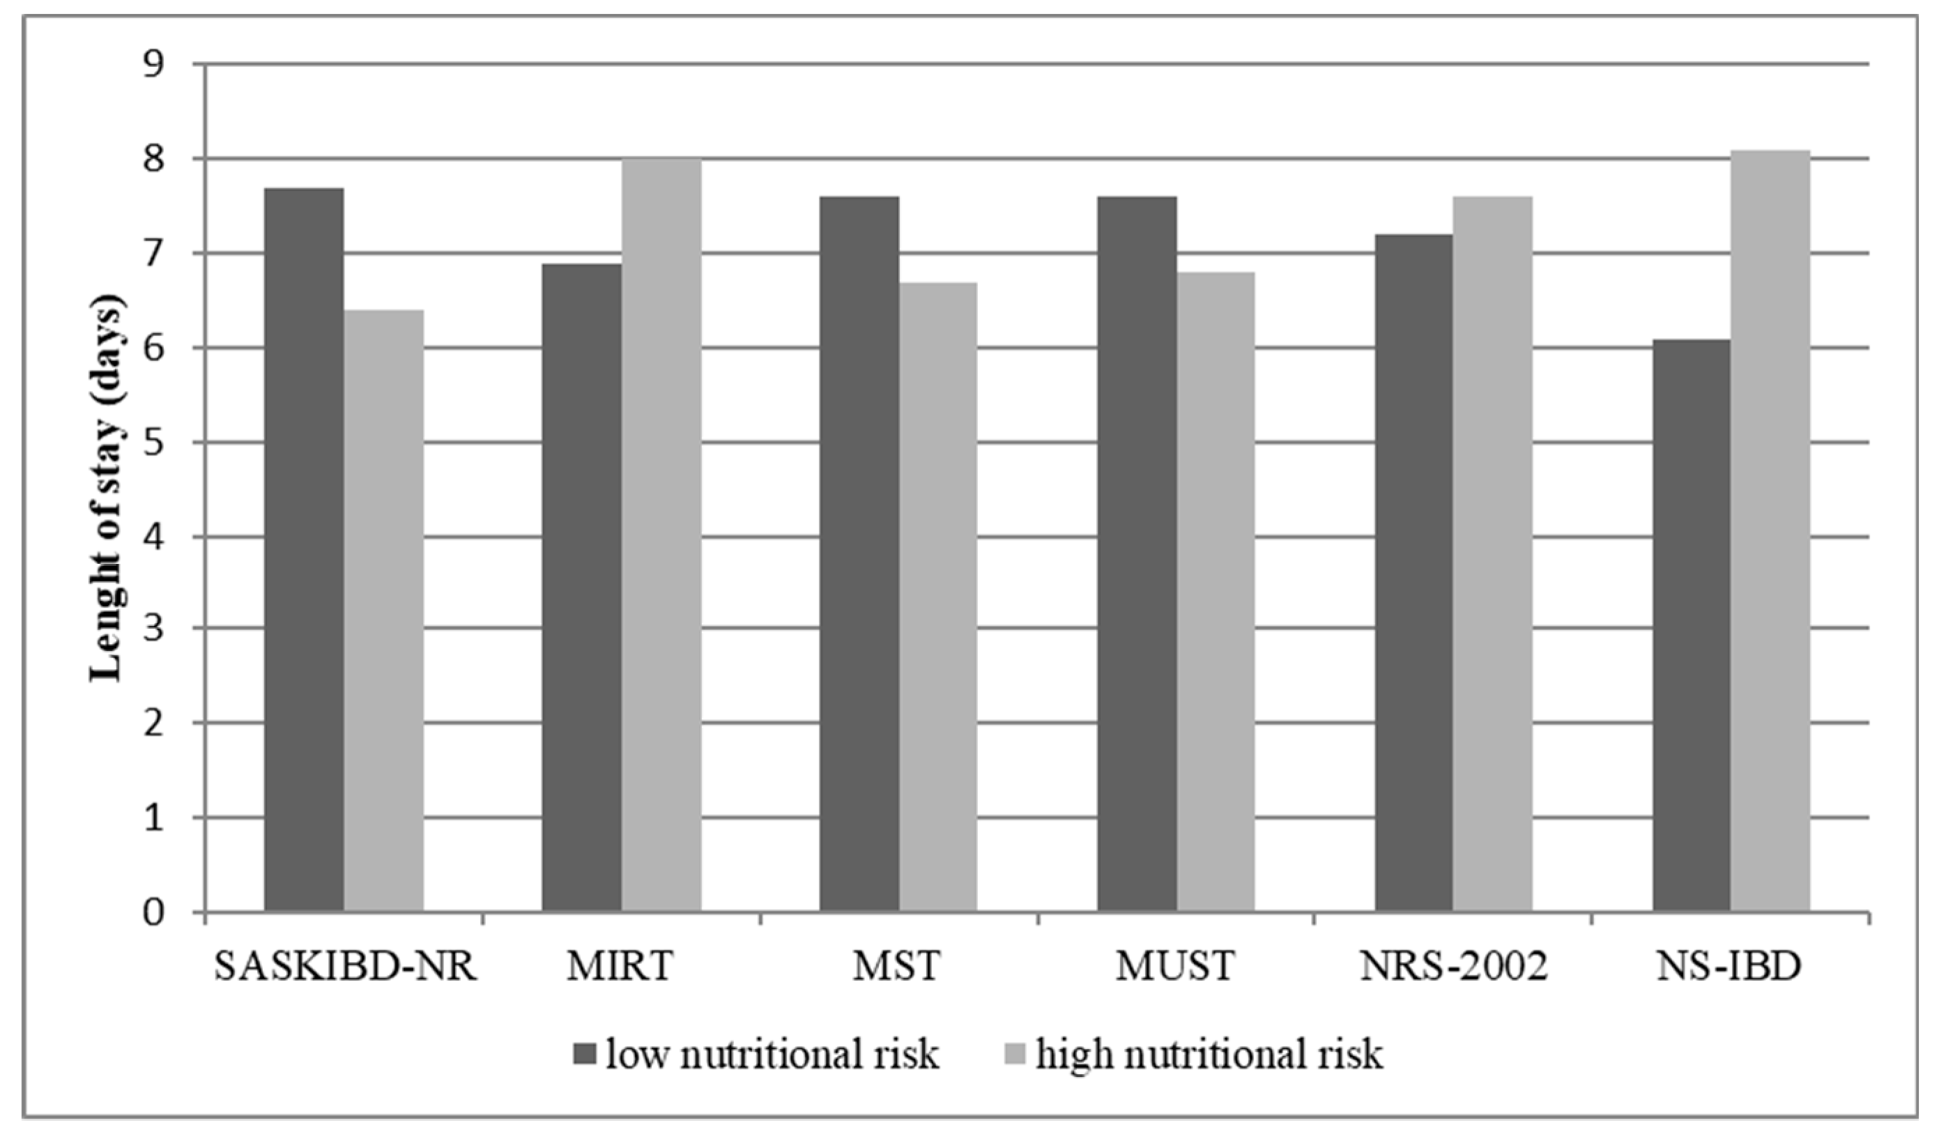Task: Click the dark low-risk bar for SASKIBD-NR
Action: pyautogui.click(x=303, y=550)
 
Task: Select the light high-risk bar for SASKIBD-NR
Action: pyautogui.click(x=383, y=612)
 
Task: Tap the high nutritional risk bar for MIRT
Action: pyautogui.click(x=661, y=535)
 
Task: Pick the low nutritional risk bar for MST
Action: pyautogui.click(x=859, y=555)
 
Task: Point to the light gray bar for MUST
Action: pyautogui.click(x=1216, y=592)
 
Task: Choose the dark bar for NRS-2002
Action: pyautogui.click(x=1413, y=573)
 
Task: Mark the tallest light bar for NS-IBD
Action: pyautogui.click(x=1770, y=531)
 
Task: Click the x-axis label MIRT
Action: pyautogui.click(x=620, y=966)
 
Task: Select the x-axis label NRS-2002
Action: pyautogui.click(x=1453, y=966)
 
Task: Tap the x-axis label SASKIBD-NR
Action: pyautogui.click(x=346, y=966)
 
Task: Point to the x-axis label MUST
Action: pyautogui.click(x=1175, y=966)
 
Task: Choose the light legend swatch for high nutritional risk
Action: pyautogui.click(x=1016, y=1054)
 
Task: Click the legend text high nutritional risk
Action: pyautogui.click(x=1209, y=1054)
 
